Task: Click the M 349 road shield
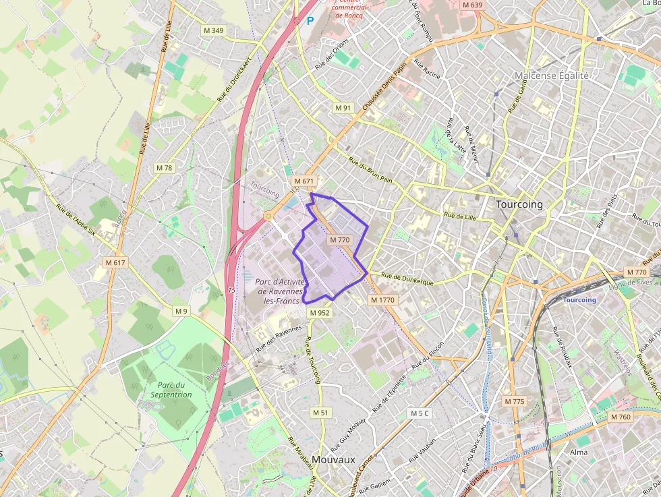click(x=214, y=30)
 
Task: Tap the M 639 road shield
click(x=473, y=5)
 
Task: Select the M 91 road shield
click(x=343, y=108)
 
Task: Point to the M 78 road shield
click(x=164, y=167)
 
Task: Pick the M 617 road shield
click(x=116, y=262)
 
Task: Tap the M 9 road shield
click(x=181, y=311)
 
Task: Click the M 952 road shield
click(x=320, y=313)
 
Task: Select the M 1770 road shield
click(x=382, y=299)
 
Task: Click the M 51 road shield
click(x=320, y=412)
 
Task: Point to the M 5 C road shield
click(x=419, y=413)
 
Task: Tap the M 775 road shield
click(x=514, y=401)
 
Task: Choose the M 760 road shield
click(x=621, y=417)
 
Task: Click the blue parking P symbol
click(x=310, y=21)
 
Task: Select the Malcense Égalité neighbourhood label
click(x=552, y=76)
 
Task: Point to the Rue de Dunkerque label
click(x=407, y=279)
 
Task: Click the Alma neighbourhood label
click(x=579, y=452)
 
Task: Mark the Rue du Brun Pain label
click(x=370, y=171)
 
